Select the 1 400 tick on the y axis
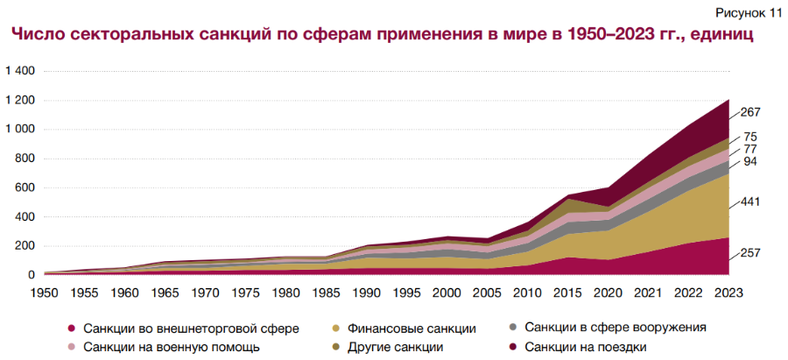pos(20,71)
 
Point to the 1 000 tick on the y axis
pos(20,130)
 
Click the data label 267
pos(750,112)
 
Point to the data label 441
pos(750,202)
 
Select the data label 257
pos(750,253)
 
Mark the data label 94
pos(750,162)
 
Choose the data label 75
pos(750,137)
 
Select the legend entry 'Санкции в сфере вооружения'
pos(607,328)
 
